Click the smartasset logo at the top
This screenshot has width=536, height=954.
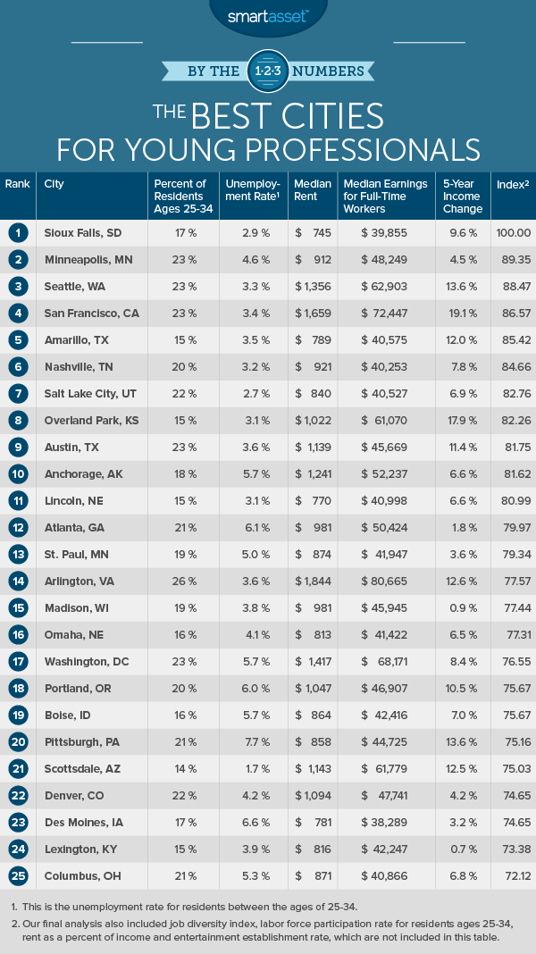coord(267,16)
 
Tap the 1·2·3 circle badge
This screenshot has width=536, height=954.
coord(268,69)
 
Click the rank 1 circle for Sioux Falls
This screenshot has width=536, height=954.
coord(17,232)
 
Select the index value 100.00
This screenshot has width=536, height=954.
coord(513,232)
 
